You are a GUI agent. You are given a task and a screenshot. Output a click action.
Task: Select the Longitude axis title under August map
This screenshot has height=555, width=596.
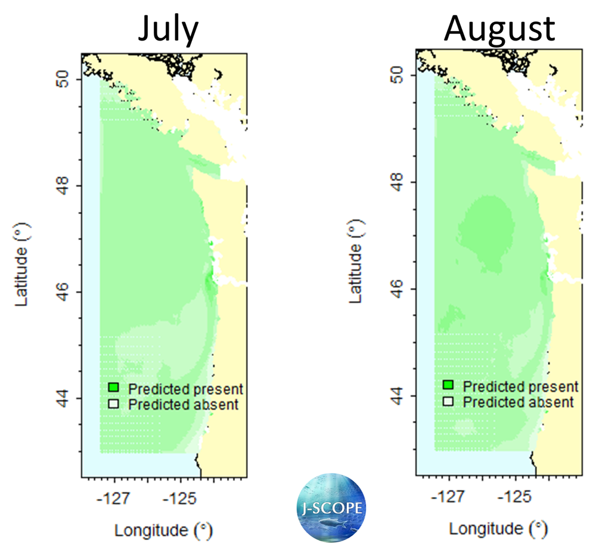[498, 528]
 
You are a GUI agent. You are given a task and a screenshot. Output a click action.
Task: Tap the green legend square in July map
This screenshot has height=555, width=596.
[114, 388]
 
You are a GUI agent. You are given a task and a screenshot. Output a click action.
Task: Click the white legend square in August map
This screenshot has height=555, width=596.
[448, 401]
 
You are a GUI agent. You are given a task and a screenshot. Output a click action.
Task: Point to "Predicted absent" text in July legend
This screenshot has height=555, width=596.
[184, 405]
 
